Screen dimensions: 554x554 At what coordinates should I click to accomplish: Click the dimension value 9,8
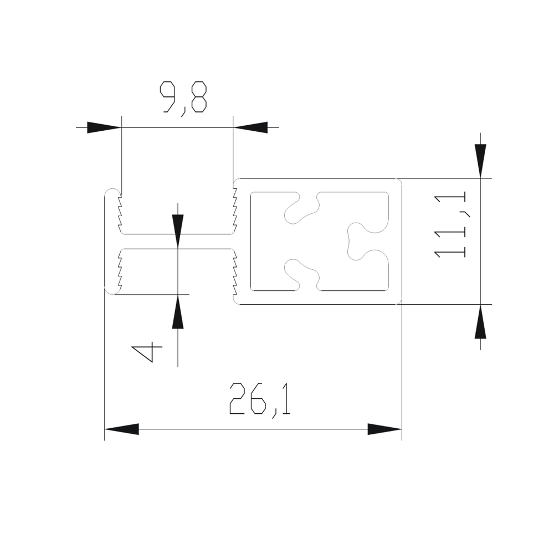coord(183,98)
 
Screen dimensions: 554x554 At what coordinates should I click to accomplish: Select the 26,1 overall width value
coord(260,399)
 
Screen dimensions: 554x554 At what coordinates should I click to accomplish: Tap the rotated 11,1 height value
coord(450,224)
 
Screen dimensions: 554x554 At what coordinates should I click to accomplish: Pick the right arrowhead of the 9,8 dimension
coord(250,127)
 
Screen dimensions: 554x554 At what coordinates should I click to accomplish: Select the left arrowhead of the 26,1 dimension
coord(121,429)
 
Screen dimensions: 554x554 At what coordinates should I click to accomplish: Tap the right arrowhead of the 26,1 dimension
coord(384,429)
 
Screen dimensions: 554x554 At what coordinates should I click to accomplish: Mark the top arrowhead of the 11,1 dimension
coord(480,161)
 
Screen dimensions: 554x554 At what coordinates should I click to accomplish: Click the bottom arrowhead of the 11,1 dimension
coord(480,322)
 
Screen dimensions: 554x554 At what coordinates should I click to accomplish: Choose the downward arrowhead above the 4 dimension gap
coord(177,230)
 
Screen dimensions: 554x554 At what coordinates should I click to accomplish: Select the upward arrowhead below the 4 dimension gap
coord(177,312)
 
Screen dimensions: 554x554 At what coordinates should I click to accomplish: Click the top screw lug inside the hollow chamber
coord(302,207)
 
